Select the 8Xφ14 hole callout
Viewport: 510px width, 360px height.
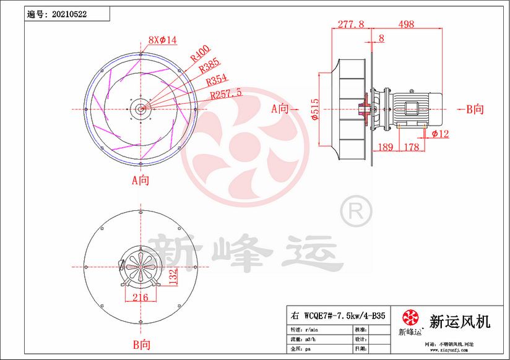162,40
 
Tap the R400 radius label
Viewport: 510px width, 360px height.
199,55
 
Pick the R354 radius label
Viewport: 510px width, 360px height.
217,81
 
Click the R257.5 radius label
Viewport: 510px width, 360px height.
226,95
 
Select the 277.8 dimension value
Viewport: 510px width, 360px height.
351,24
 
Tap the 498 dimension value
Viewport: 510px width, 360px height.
406,24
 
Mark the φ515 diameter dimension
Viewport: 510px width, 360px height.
315,110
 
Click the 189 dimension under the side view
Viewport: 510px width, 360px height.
385,147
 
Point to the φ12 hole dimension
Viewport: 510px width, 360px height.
440,134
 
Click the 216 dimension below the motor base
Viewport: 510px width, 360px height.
141,298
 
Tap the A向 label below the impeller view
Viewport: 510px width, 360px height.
140,181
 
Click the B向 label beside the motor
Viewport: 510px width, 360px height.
475,109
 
